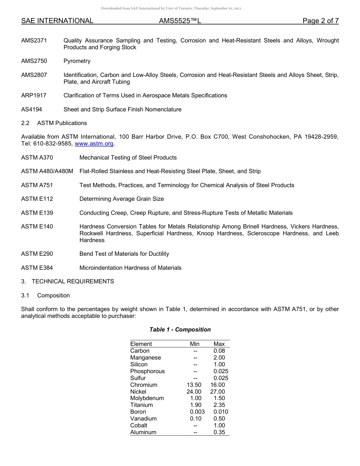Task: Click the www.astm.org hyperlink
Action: pyautogui.click(x=94, y=144)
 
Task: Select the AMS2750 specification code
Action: pyautogui.click(x=34, y=61)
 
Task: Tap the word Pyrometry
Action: pyautogui.click(x=77, y=61)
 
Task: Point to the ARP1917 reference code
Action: pyautogui.click(x=34, y=95)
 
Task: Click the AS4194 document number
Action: pyautogui.click(x=32, y=109)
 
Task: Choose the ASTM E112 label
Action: pyautogui.click(x=37, y=199)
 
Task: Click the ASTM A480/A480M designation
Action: pyautogui.click(x=47, y=171)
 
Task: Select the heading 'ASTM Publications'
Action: pyautogui.click(x=62, y=123)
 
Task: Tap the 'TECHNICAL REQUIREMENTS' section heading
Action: pyautogui.click(x=73, y=281)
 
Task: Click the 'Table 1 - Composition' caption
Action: pyautogui.click(x=180, y=330)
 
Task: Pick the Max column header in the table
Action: pyautogui.click(x=219, y=344)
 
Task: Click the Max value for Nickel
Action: pyautogui.click(x=218, y=392)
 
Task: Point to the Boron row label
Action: pyautogui.click(x=138, y=412)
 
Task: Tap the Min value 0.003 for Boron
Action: pyautogui.click(x=197, y=412)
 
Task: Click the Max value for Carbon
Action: pyautogui.click(x=219, y=351)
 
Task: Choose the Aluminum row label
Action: pyautogui.click(x=143, y=432)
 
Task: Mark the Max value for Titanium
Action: pyautogui.click(x=219, y=405)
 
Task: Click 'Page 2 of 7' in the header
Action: pyautogui.click(x=321, y=21)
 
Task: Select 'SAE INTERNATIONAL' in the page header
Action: pyautogui.click(x=57, y=21)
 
